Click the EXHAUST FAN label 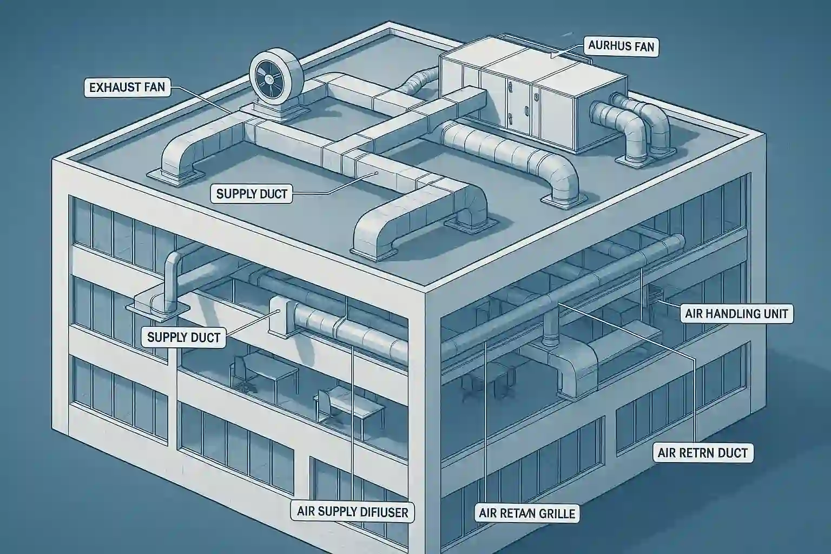[127, 87]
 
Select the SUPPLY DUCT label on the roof [252, 194]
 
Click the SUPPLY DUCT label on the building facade [183, 338]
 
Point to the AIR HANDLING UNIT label [736, 313]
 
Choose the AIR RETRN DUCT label [702, 452]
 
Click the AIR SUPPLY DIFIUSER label [353, 511]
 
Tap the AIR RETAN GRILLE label [527, 513]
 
